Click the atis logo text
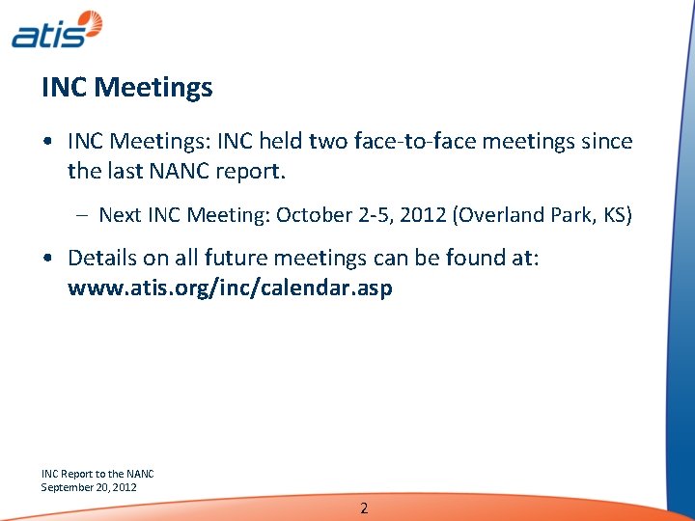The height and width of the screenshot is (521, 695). pyautogui.click(x=43, y=35)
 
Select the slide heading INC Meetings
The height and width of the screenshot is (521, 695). pyautogui.click(x=126, y=88)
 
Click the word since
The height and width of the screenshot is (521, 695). pyautogui.click(x=607, y=142)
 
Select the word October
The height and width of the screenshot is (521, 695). pyautogui.click(x=312, y=215)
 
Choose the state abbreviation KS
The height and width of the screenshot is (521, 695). pyautogui.click(x=614, y=215)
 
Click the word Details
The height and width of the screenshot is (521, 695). pyautogui.click(x=103, y=258)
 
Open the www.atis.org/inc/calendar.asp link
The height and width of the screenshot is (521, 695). pyautogui.click(x=230, y=288)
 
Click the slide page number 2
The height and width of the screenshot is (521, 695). pyautogui.click(x=363, y=508)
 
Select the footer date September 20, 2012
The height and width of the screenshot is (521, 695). pyautogui.click(x=89, y=487)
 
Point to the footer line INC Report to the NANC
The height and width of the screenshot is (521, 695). pyautogui.click(x=97, y=474)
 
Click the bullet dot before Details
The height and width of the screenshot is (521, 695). pyautogui.click(x=48, y=259)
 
